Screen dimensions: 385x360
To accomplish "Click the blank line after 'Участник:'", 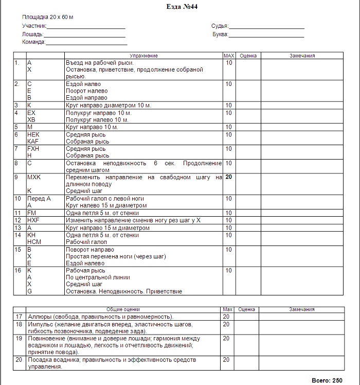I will click(x=86, y=26).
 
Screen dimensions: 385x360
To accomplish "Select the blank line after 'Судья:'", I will click(x=266, y=26).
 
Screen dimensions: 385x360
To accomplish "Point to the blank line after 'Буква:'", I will click(x=265, y=35).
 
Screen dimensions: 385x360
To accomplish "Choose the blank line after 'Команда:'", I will click(x=86, y=43).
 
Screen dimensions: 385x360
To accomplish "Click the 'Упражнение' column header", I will click(x=143, y=56).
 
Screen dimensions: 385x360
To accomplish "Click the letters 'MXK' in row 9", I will click(x=34, y=177).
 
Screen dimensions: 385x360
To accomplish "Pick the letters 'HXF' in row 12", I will click(x=34, y=220).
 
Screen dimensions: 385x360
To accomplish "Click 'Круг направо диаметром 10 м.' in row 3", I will click(x=108, y=106).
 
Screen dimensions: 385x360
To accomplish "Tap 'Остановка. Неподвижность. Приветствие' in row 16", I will click(x=124, y=291).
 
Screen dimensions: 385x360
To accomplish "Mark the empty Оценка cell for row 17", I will click(x=247, y=317).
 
